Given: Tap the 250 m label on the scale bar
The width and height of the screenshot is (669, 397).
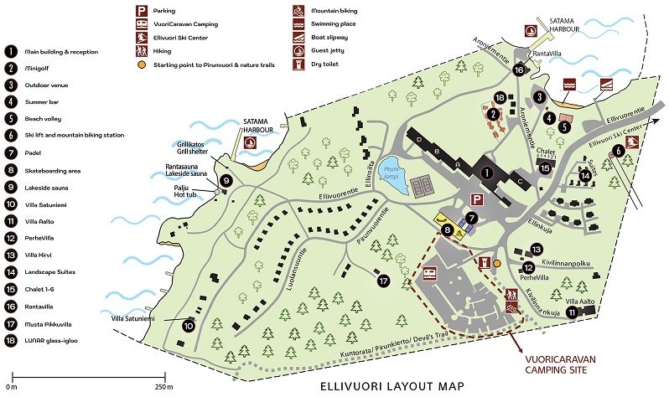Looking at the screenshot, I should point(163,388).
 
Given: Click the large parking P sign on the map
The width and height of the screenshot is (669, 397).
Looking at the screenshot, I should point(478,200).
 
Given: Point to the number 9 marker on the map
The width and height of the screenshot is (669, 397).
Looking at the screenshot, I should point(226,180).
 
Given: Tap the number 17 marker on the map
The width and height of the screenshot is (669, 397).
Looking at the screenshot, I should point(384,281).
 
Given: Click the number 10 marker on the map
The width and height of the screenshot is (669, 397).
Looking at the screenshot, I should point(188,326).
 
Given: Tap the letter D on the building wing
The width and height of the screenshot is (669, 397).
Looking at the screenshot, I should point(416,138).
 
